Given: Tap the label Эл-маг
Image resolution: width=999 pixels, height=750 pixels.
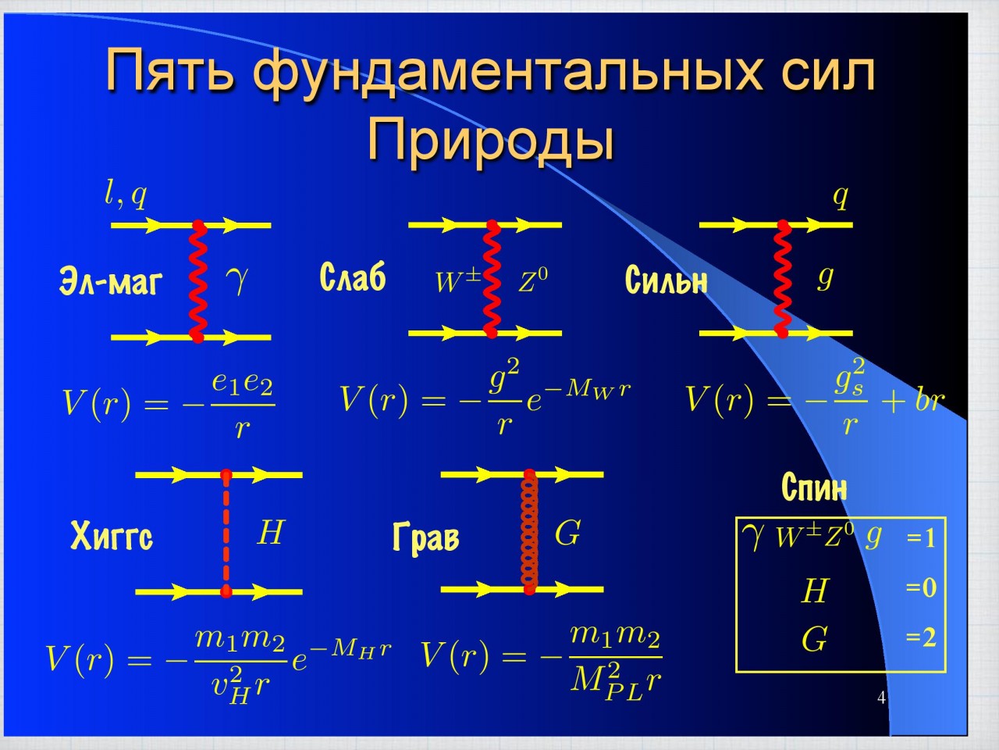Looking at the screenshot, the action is (111, 281).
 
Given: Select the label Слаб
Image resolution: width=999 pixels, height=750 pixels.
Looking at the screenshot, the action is (353, 276).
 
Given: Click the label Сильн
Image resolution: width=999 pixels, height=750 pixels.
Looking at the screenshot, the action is (667, 279).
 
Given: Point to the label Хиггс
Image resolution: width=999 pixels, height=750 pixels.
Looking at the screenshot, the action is (112, 535).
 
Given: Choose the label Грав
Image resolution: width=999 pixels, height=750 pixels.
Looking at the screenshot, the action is (425, 537).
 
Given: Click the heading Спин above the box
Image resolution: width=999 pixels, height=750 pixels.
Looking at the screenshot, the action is (814, 487).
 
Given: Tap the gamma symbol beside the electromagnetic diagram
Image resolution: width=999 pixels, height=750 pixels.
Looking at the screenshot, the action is (236, 280).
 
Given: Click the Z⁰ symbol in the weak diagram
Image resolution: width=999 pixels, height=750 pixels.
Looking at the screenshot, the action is (532, 280).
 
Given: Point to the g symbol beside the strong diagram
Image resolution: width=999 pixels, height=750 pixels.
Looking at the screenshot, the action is (826, 278).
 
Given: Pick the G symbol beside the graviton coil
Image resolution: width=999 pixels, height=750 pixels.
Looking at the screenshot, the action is (567, 532).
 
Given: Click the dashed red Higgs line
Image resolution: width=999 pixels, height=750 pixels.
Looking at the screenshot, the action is (226, 534).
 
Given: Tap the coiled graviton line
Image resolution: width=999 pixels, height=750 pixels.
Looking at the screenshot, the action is (530, 532).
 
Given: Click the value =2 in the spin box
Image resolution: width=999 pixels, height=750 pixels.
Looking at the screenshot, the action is (921, 637).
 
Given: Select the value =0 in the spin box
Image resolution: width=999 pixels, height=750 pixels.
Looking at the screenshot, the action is (921, 587).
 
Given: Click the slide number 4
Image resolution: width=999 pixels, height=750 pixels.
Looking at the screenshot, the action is (882, 698).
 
